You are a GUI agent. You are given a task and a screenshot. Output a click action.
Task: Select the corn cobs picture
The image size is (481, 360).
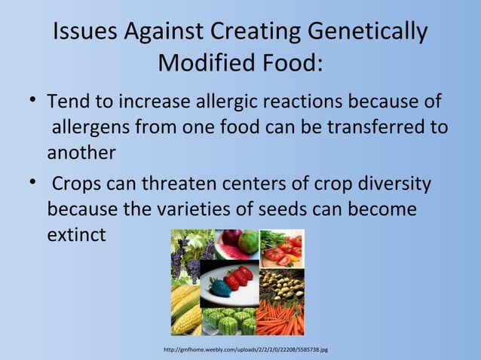pos(185,309)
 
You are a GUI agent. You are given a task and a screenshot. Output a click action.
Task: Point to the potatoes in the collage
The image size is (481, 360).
pos(281,282)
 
